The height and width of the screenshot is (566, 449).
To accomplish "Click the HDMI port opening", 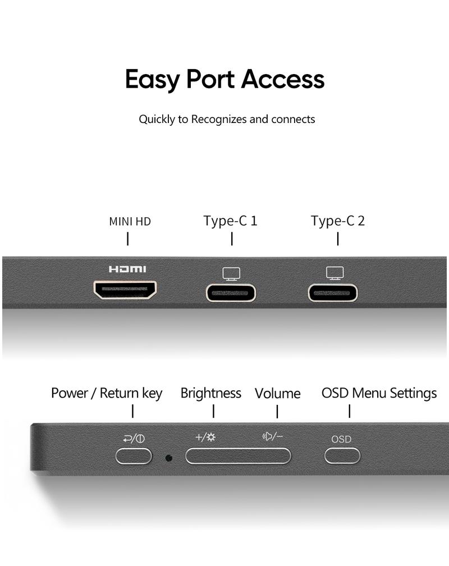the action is tap(125, 290).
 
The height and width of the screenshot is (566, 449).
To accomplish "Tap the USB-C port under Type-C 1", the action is tap(231, 293).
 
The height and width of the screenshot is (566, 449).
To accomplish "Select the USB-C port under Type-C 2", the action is tap(333, 293).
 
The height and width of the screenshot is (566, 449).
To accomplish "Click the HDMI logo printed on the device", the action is tap(127, 269).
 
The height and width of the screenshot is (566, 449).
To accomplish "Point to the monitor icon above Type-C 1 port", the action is tap(231, 274).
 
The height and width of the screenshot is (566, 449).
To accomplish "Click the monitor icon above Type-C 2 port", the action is tap(335, 273).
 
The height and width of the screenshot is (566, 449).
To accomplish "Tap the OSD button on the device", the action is tap(342, 455).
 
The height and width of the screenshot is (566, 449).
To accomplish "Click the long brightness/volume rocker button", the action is tap(238, 455).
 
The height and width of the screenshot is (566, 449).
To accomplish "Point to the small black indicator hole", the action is tap(168, 458).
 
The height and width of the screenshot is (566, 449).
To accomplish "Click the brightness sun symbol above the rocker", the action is tap(211, 437).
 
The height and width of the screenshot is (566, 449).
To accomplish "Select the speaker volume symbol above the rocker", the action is tap(267, 437).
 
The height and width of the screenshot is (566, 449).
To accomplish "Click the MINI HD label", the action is tap(130, 221).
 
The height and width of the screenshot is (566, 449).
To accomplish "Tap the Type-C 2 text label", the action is tap(338, 221).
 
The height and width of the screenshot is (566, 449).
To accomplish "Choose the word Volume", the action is tap(278, 394).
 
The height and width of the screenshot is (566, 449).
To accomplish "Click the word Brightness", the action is tap(211, 394).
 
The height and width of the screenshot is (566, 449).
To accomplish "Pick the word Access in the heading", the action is tap(283, 79).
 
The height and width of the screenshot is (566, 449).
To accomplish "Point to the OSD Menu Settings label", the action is tap(379, 393).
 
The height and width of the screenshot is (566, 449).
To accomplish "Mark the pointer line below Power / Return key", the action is tap(133, 411).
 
